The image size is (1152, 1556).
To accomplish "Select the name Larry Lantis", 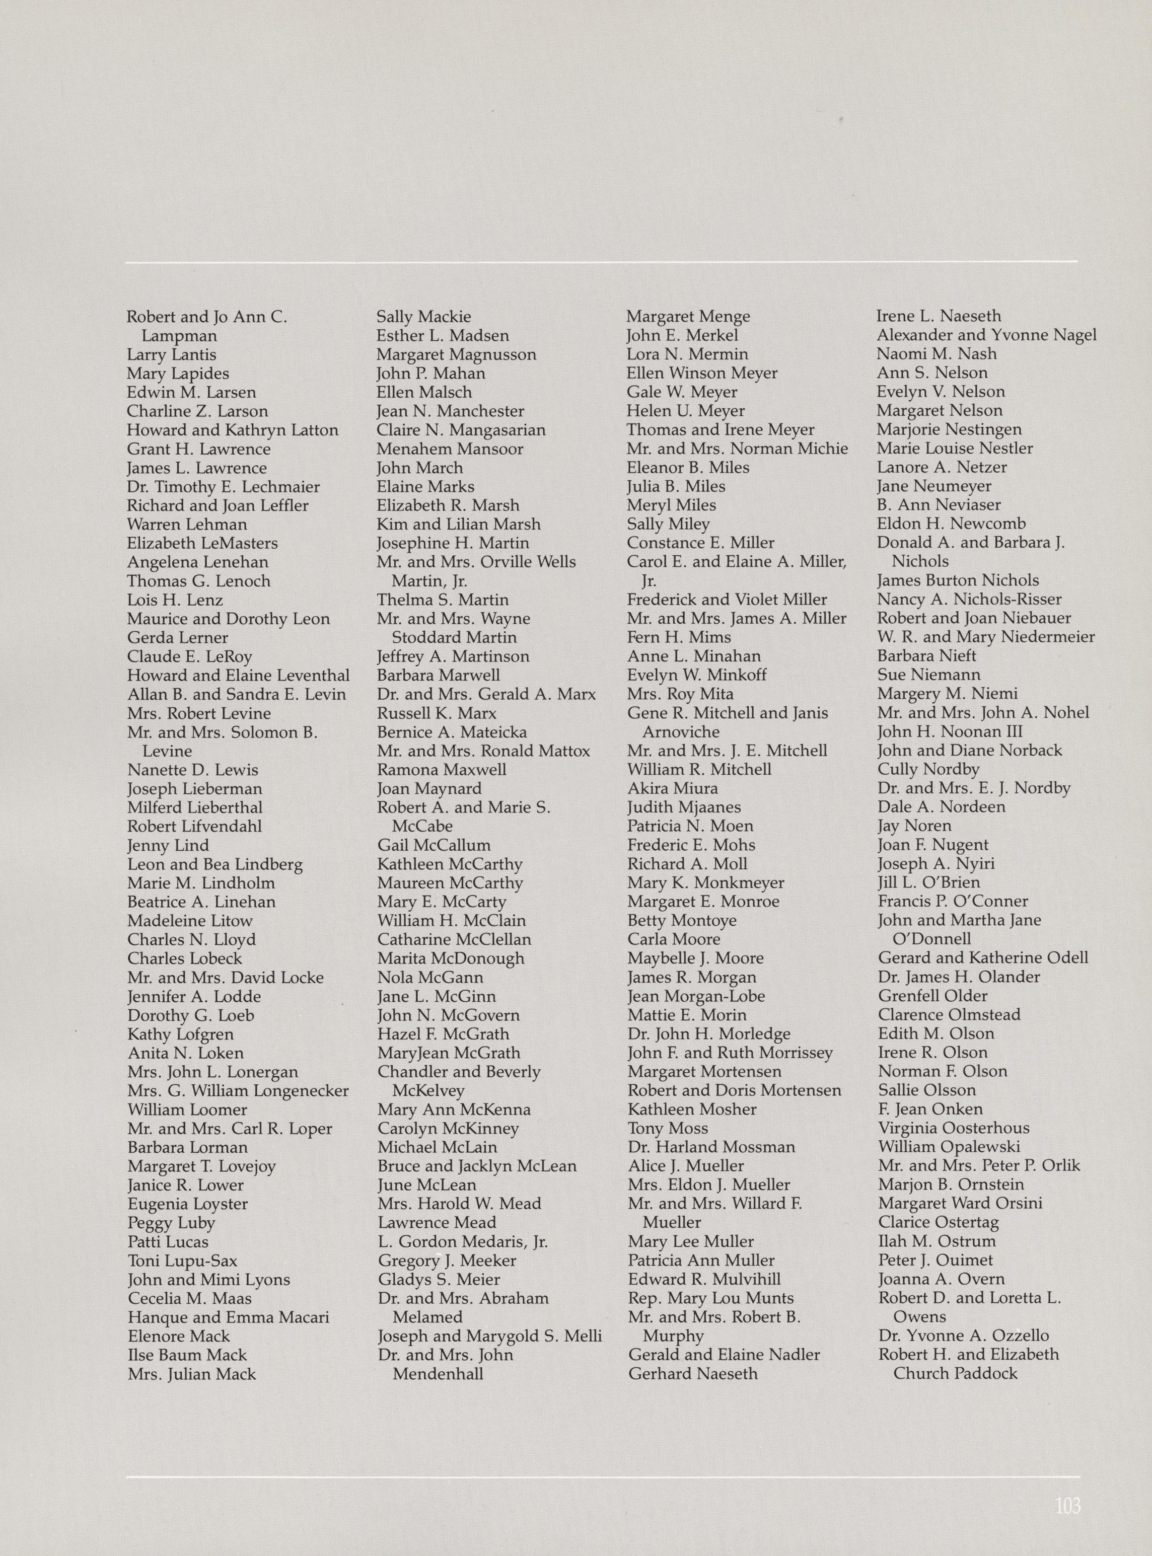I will pos(172,355).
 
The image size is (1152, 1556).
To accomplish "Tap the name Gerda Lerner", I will pos(177,638).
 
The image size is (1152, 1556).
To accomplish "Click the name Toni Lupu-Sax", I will pos(182,1261).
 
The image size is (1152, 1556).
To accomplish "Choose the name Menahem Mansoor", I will pos(450,449).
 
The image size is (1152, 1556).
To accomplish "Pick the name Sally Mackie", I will pos(424,317).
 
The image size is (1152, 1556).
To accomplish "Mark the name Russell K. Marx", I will pos(437,713).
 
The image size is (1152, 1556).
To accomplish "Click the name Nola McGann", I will pos(430,978).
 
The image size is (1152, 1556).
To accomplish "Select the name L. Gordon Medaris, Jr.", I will pos(462,1241).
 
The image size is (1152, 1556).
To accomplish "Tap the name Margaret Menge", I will pos(688,317).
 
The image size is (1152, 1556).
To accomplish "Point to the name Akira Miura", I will pos(672,788).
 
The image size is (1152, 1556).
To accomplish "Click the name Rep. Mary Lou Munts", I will pos(710,1298).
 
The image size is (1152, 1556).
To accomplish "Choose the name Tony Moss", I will pos(667,1128).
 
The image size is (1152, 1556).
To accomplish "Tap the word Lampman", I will pos(179,336).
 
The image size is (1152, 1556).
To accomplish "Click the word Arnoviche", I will pos(681,732).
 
